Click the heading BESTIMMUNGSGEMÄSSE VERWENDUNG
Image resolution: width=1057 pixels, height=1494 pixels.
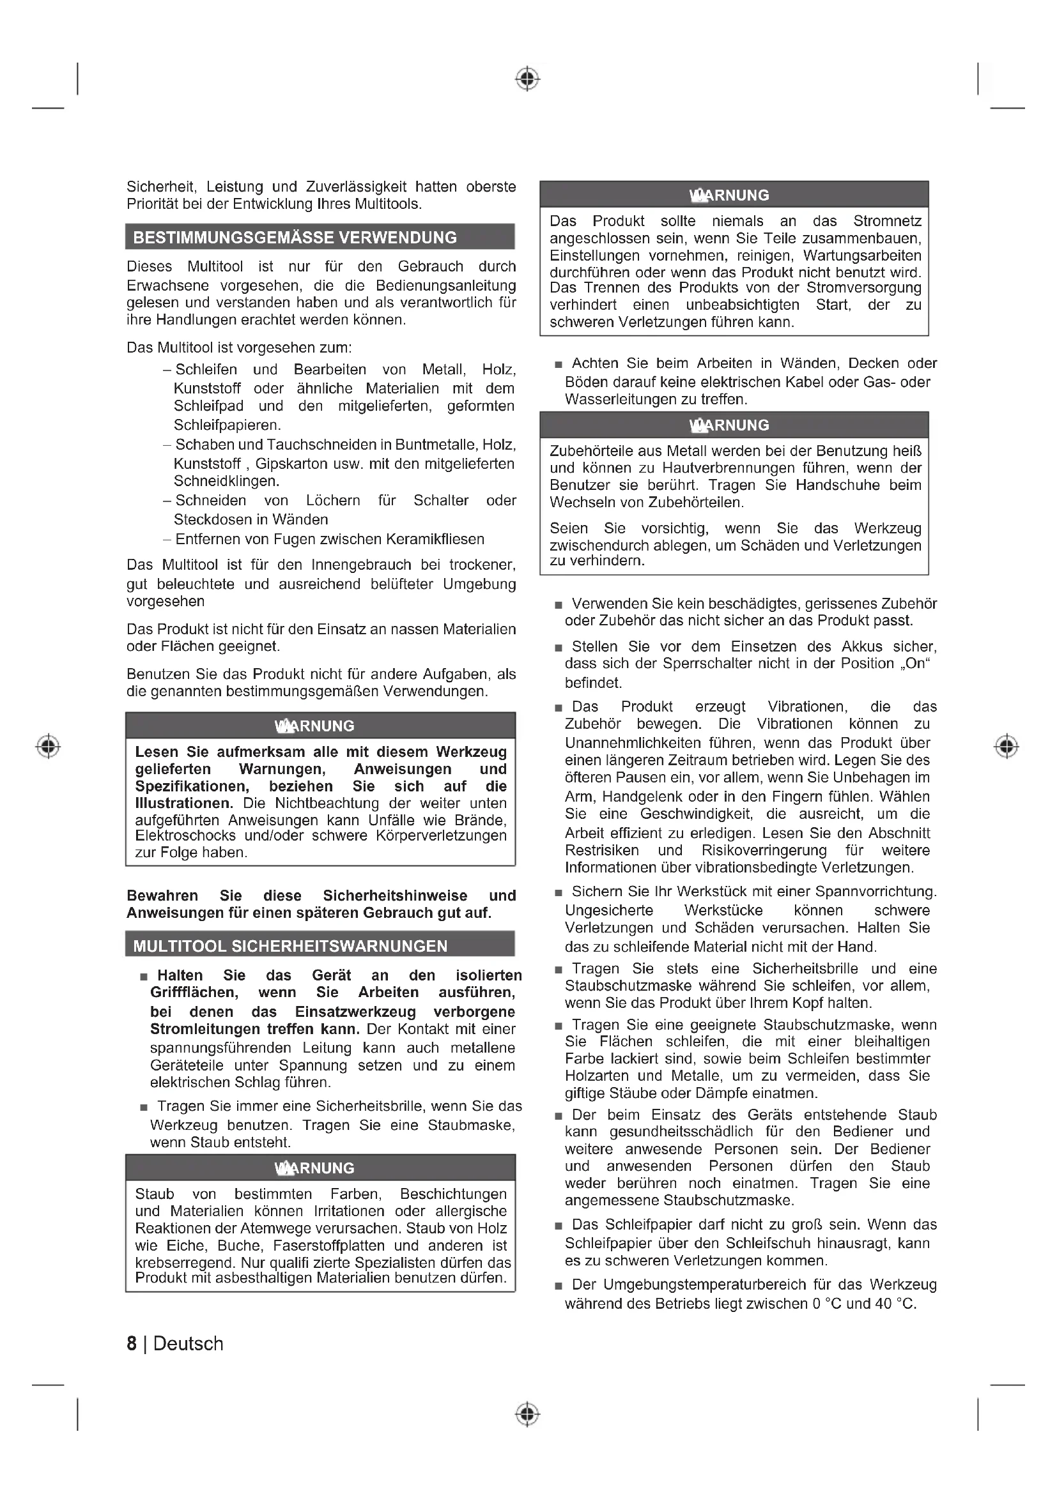(295, 238)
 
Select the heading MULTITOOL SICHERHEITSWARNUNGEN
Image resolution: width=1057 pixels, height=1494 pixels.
(290, 946)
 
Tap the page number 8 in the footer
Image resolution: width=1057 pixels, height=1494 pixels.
(132, 1344)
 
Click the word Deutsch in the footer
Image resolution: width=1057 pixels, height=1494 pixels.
(188, 1344)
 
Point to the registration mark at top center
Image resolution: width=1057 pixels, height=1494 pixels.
(528, 79)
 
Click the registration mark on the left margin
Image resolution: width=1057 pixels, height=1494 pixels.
(48, 745)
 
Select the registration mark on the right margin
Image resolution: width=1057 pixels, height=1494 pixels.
(1007, 745)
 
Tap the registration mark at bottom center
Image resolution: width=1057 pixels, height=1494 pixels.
(528, 1414)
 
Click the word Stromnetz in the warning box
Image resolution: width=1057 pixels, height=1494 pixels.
(887, 221)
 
